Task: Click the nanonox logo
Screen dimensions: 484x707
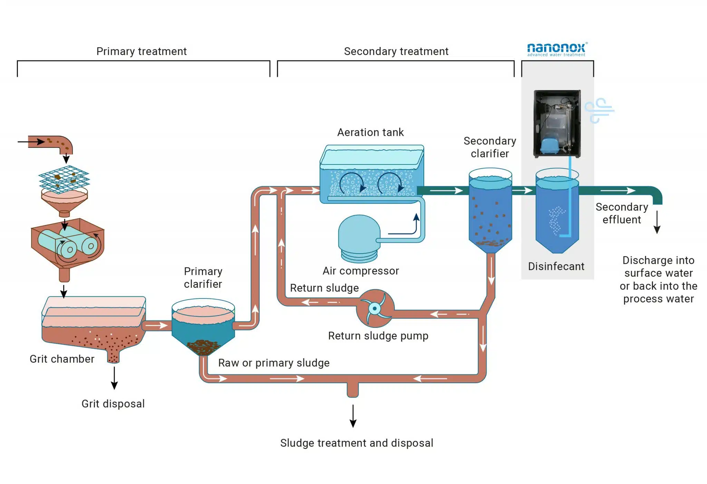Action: pos(556,49)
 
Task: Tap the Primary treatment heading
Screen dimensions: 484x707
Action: pos(141,51)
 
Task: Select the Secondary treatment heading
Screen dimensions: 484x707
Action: pos(396,51)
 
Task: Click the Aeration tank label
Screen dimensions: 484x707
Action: pos(370,132)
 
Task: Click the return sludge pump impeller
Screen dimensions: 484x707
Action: pos(375,308)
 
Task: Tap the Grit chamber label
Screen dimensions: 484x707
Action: pos(62,359)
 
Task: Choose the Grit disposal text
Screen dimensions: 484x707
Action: pos(113,404)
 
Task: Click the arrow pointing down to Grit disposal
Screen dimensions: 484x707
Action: pos(114,378)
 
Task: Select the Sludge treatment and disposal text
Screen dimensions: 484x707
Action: pos(357,443)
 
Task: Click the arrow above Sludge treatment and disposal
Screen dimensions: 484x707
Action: pos(353,416)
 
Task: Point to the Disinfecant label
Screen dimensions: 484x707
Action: pos(556,266)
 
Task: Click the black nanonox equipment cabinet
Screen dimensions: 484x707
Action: pos(557,123)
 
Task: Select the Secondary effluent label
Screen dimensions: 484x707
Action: pos(622,213)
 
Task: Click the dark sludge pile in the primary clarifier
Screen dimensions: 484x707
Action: pos(203,347)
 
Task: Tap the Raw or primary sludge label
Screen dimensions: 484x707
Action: pos(274,363)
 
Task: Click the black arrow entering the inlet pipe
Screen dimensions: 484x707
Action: pos(31,142)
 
